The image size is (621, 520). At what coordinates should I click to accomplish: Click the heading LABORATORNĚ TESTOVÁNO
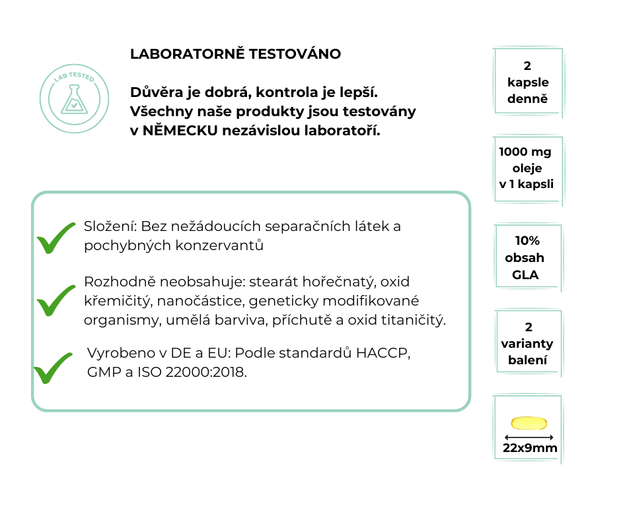pyautogui.click(x=236, y=54)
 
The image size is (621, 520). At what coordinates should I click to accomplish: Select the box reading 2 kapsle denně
pyautogui.click(x=528, y=83)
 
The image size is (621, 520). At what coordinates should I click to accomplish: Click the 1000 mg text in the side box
pyautogui.click(x=525, y=152)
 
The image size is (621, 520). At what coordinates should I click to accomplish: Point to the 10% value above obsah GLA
pyautogui.click(x=527, y=241)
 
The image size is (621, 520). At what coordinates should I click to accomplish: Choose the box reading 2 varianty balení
pyautogui.click(x=528, y=344)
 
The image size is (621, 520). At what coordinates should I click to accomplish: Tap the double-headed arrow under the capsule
pyautogui.click(x=529, y=437)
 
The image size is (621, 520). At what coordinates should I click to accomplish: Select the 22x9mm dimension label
pyautogui.click(x=530, y=449)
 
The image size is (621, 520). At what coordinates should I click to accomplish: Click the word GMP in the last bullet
pyautogui.click(x=101, y=372)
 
